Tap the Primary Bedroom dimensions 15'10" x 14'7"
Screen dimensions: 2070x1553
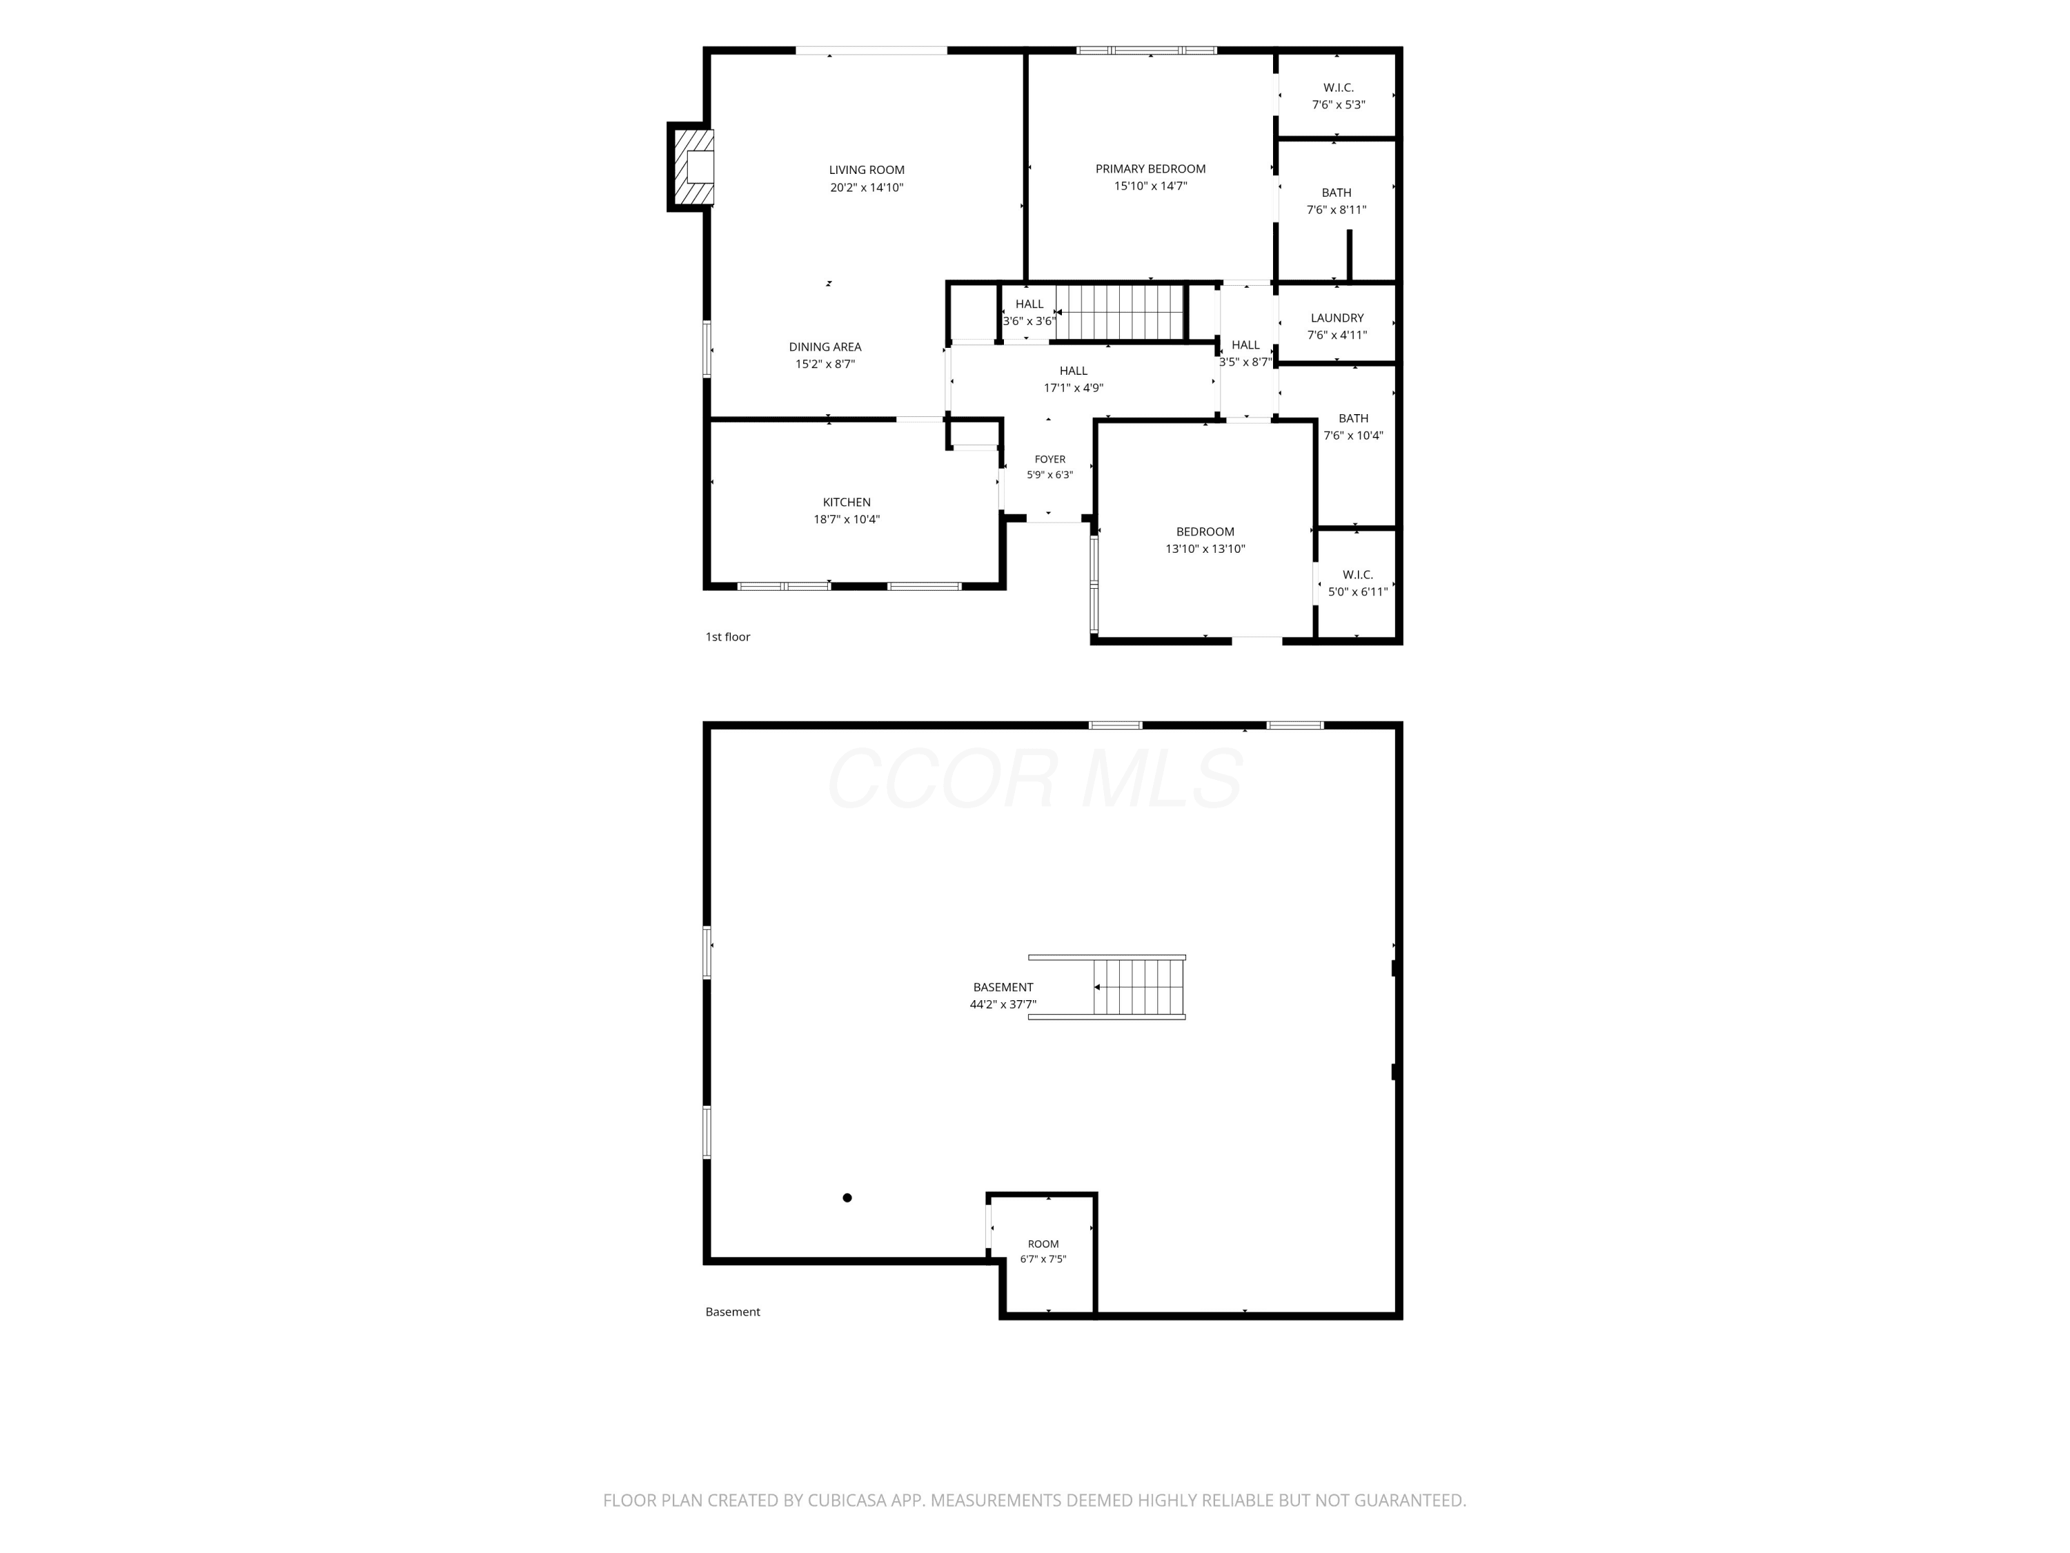1150,186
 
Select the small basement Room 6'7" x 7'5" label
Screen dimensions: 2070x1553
1043,1251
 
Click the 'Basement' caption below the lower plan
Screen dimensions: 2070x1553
733,1312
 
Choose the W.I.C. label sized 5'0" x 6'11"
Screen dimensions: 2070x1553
1358,583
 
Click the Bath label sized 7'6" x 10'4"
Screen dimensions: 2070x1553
1353,427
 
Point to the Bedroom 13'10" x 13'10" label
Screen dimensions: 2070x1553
1205,540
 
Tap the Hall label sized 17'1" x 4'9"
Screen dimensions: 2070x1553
1074,379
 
